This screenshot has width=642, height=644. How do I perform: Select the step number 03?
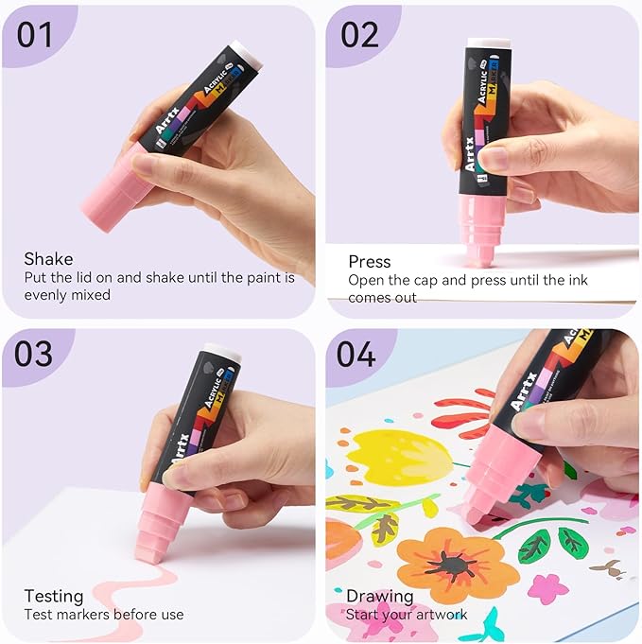pyautogui.click(x=35, y=355)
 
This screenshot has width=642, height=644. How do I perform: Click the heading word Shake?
pyautogui.click(x=47, y=259)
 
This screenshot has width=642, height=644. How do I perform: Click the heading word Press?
pyautogui.click(x=369, y=261)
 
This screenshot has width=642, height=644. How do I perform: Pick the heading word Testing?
pyautogui.click(x=53, y=596)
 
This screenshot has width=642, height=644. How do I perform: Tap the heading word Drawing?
pyautogui.click(x=379, y=596)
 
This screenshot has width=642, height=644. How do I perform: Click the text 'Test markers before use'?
pyautogui.click(x=104, y=615)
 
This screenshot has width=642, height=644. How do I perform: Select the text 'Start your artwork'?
pyautogui.click(x=407, y=615)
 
